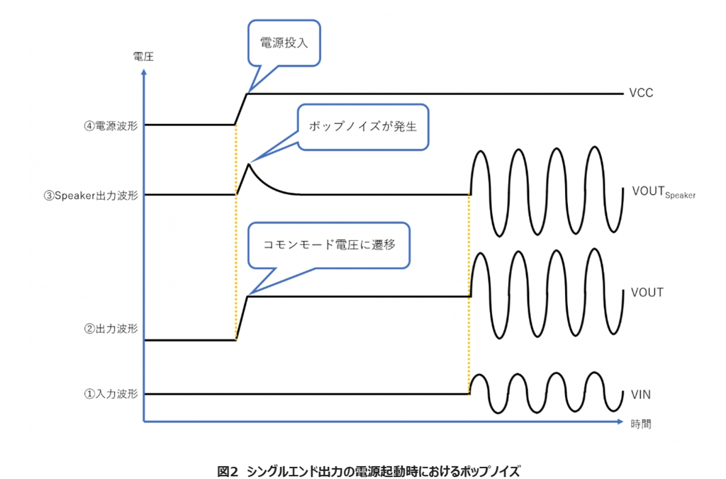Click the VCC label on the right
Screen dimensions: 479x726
click(641, 94)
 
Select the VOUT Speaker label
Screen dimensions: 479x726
click(663, 193)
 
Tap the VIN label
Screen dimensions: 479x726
click(639, 394)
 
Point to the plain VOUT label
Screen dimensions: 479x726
click(646, 293)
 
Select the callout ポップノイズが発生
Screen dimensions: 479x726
click(363, 128)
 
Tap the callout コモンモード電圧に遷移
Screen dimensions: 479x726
click(328, 247)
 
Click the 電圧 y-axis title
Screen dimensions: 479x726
click(143, 57)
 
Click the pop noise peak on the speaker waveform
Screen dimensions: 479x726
click(247, 165)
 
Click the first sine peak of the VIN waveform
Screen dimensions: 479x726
click(480, 376)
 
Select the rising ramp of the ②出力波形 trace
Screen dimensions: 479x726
click(241, 318)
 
